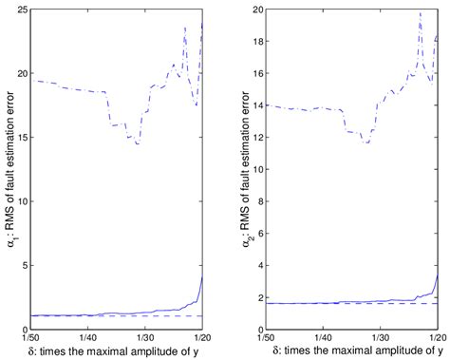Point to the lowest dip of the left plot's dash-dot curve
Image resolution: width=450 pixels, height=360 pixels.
click(137, 143)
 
